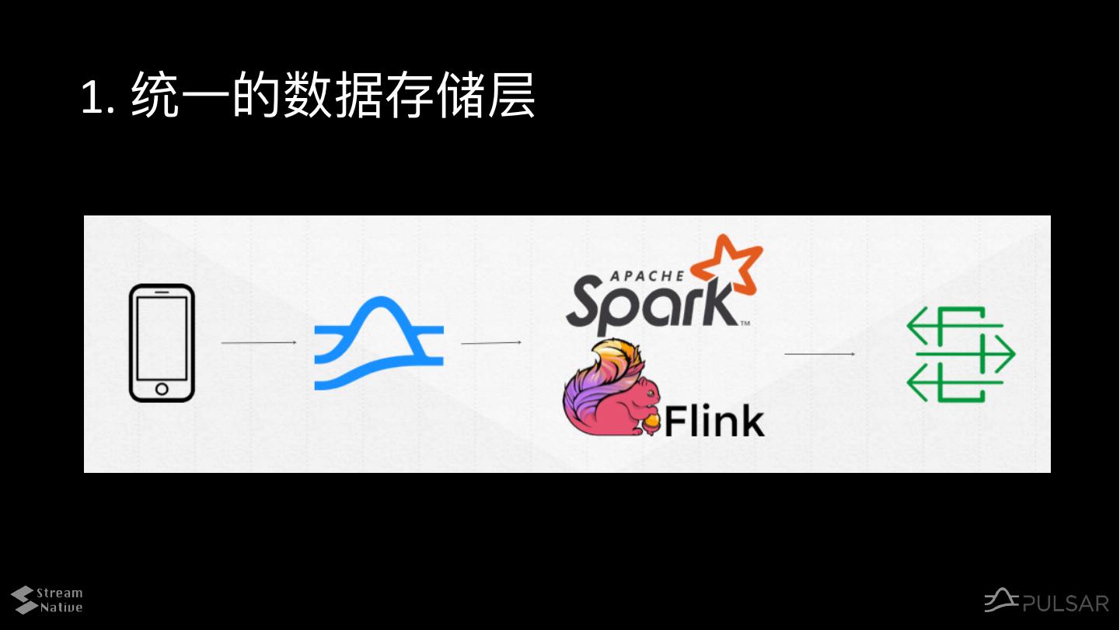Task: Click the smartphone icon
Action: tap(162, 342)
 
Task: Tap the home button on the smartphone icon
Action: tap(162, 388)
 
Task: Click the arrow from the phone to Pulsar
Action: tap(259, 342)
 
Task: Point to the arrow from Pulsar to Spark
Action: tap(490, 342)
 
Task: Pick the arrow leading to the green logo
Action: tap(819, 354)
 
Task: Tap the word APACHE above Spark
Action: tap(647, 275)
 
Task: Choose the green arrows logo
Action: tap(961, 354)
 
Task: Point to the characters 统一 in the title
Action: tap(180, 96)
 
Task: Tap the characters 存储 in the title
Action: tap(435, 96)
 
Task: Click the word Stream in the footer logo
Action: tap(60, 593)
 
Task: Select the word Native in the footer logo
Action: tap(61, 607)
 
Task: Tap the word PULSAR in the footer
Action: tap(1066, 604)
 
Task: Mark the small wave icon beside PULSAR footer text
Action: tap(1001, 600)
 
